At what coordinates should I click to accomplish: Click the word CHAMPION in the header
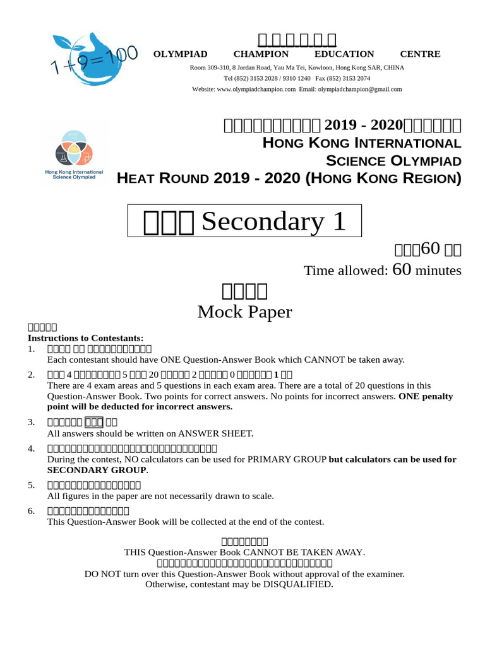click(261, 54)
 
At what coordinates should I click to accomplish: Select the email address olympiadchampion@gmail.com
click(359, 90)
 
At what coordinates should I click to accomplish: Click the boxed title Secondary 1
click(245, 221)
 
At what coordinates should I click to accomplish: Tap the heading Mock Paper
click(244, 312)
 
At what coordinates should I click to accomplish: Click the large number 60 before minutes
click(402, 270)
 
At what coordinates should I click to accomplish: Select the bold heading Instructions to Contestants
click(86, 338)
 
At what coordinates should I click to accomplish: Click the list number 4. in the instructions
click(31, 449)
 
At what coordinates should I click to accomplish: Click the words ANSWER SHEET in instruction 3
click(215, 433)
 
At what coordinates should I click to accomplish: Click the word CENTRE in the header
click(420, 54)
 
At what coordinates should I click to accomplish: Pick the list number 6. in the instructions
click(31, 511)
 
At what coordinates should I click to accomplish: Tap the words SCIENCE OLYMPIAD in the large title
click(393, 160)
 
